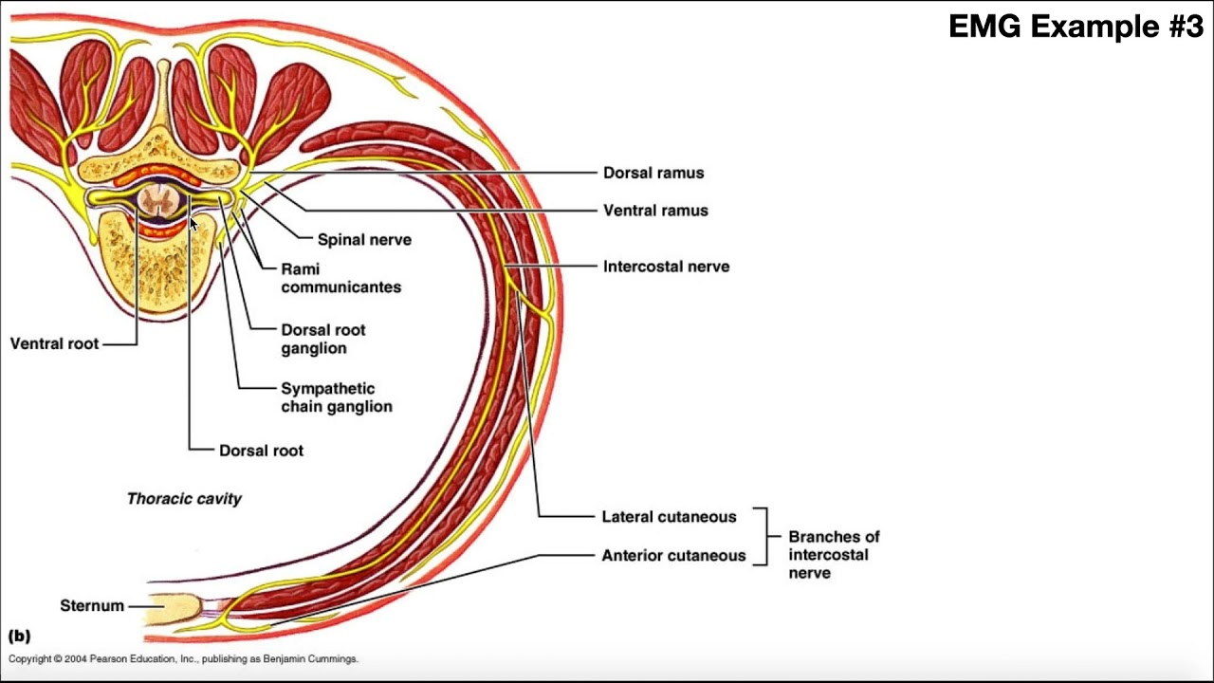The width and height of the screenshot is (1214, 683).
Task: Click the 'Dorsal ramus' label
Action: pos(653,173)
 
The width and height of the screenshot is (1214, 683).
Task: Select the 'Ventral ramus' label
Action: pos(655,210)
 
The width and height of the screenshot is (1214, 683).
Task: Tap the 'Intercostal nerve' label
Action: pos(666,267)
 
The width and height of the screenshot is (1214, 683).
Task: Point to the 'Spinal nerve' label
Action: pos(364,240)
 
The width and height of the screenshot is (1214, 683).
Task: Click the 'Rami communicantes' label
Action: pos(340,278)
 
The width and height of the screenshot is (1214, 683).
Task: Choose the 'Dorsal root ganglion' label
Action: pos(322,339)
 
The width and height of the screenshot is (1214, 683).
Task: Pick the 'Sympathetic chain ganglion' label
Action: pos(336,397)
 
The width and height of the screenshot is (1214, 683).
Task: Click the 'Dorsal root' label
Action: pos(261,451)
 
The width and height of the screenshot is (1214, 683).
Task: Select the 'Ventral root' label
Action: pos(54,343)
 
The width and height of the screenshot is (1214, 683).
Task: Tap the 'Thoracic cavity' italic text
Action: pos(184,498)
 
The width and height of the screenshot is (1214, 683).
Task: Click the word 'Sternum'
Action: pos(92,605)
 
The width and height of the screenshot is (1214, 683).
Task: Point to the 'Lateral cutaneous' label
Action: pos(669,517)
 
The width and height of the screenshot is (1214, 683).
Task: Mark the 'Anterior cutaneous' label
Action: pos(673,556)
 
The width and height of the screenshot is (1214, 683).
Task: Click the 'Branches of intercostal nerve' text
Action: pos(834,555)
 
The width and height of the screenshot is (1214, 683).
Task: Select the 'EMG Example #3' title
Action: pos(1076,27)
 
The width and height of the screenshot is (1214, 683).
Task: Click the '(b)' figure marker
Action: pos(19,637)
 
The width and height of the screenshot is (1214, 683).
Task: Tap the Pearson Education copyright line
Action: pos(183,659)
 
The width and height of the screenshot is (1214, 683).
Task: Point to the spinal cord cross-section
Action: pos(157,201)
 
